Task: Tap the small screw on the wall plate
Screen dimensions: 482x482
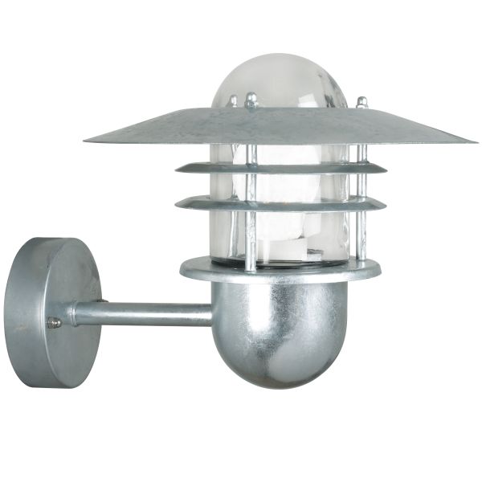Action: click(x=55, y=322)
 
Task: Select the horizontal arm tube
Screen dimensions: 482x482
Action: click(x=145, y=313)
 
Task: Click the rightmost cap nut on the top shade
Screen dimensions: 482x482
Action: click(x=361, y=103)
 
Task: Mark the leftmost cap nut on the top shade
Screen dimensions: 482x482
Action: click(x=234, y=101)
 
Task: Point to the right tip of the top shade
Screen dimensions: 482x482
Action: click(x=473, y=141)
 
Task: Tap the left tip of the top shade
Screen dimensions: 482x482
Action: click(x=87, y=141)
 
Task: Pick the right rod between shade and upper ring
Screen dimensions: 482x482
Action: click(x=361, y=153)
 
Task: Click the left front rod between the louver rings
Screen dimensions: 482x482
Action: click(x=251, y=184)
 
